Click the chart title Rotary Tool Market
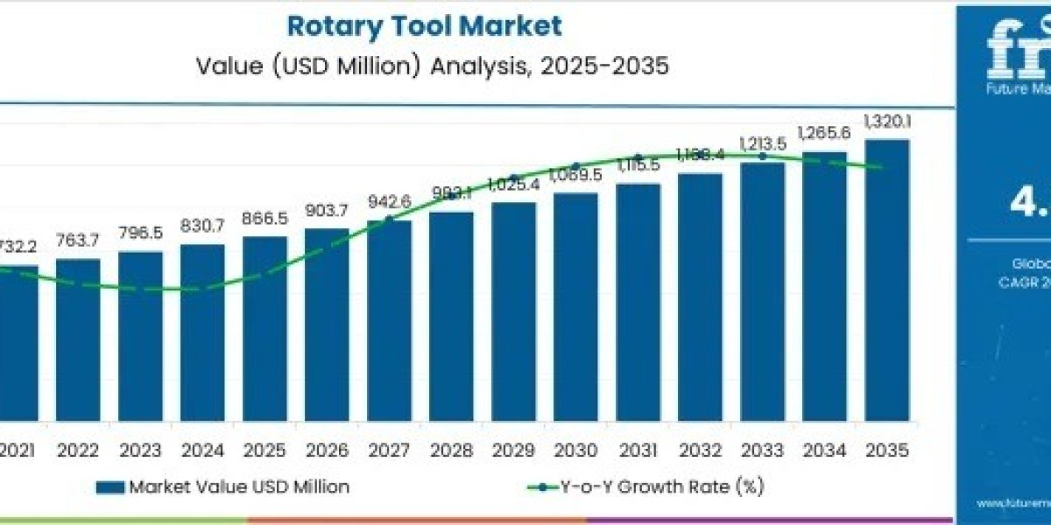pyautogui.click(x=424, y=26)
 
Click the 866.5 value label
pyautogui.click(x=265, y=218)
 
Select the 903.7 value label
pyautogui.click(x=327, y=210)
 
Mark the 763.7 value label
pyautogui.click(x=78, y=241)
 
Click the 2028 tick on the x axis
pyautogui.click(x=451, y=451)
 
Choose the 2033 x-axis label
pyautogui.click(x=762, y=451)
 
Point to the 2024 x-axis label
pyautogui.click(x=202, y=451)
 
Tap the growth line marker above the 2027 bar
pyautogui.click(x=389, y=219)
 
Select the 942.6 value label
pyautogui.click(x=389, y=202)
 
